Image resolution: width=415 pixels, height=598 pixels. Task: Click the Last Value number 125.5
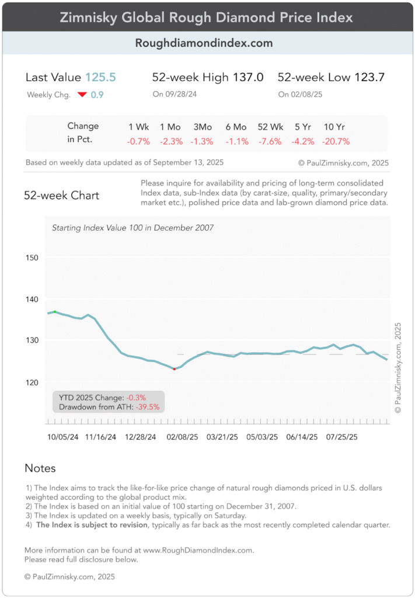click(x=100, y=77)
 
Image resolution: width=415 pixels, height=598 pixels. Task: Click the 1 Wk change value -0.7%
click(x=139, y=141)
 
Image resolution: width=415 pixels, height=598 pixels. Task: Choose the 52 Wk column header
click(x=270, y=126)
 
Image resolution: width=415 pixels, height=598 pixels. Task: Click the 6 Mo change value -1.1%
click(x=237, y=141)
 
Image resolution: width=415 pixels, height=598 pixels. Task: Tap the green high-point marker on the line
click(x=55, y=312)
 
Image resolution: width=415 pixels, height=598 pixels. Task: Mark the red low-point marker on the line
click(x=174, y=369)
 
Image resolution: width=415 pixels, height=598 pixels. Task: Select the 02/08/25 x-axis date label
click(x=183, y=436)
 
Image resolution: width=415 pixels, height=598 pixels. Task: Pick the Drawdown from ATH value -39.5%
click(x=148, y=407)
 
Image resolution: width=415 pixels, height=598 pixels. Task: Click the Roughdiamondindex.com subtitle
click(x=204, y=43)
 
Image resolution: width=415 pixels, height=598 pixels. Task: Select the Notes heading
click(x=40, y=468)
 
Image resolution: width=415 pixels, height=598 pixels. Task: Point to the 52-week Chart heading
click(x=61, y=196)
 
